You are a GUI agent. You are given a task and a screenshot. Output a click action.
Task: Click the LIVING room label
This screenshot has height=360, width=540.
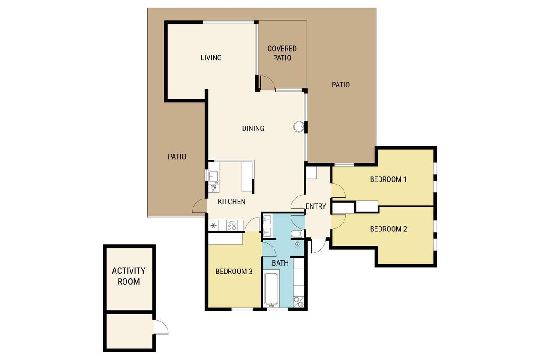[211, 58]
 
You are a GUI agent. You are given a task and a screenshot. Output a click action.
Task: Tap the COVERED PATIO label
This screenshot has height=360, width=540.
[282, 53]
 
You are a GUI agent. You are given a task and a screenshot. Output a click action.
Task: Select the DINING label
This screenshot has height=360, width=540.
[253, 129]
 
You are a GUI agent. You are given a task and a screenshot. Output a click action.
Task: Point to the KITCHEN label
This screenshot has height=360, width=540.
[231, 202]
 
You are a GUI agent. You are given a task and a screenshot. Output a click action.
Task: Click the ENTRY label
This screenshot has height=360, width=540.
[316, 206]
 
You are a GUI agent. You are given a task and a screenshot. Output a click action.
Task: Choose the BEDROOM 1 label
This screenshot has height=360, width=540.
[388, 179]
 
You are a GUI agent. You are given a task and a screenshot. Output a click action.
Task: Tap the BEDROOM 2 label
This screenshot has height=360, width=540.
[388, 229]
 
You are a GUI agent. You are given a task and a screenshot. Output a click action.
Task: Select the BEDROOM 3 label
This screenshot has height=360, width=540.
[234, 272]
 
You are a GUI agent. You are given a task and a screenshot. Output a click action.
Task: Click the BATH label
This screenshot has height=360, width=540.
[280, 263]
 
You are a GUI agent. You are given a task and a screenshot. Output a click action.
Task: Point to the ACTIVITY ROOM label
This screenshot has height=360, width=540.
[129, 276]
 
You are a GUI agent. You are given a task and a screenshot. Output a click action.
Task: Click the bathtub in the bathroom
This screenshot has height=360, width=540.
[272, 290]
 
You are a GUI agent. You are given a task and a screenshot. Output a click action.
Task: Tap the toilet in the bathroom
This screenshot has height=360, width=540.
[298, 234]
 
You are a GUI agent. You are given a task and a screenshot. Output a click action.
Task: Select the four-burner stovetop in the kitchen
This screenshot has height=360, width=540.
[231, 226]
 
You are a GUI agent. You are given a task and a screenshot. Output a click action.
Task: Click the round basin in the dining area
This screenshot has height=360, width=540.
[298, 126]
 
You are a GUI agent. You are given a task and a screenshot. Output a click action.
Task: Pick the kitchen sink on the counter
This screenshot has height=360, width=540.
[214, 176]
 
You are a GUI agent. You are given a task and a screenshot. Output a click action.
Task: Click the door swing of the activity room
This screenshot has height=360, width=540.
[161, 327]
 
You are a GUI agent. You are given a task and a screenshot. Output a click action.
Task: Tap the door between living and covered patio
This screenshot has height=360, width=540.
[267, 83]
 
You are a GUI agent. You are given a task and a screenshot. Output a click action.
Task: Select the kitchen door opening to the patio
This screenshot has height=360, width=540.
[200, 206]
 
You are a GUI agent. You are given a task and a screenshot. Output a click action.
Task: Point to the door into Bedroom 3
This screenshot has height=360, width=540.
[252, 224]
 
